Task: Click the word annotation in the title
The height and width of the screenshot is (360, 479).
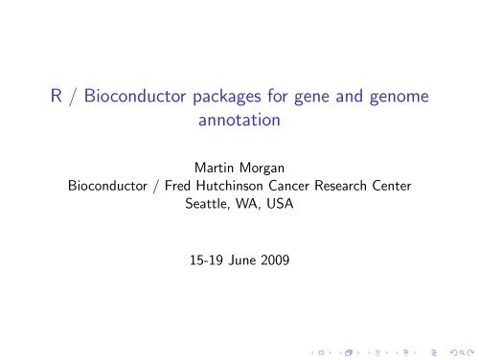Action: pos(239,123)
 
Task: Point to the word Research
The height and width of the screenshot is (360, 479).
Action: pos(351,185)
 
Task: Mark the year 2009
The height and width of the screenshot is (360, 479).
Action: pos(279,258)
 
